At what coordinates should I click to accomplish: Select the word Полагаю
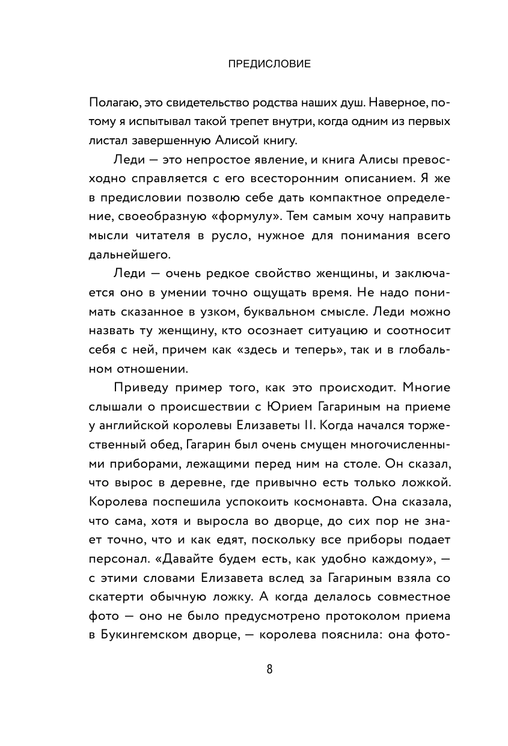coord(114,102)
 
